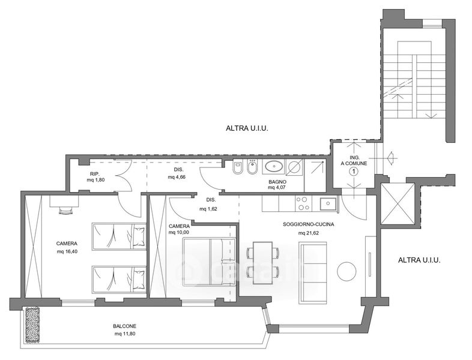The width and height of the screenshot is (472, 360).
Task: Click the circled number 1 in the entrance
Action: coord(354,172)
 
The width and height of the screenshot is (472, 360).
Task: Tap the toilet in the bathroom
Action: coord(238,167)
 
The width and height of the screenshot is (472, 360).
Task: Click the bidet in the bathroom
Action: coord(252,167)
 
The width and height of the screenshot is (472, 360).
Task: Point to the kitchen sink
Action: coord(328,204)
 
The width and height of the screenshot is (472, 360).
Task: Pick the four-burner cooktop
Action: coord(303,203)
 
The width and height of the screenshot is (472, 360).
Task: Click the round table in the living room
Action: coord(346,271)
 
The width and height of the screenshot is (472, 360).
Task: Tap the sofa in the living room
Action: coord(313,272)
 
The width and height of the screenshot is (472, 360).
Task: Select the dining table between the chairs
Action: coord(263,263)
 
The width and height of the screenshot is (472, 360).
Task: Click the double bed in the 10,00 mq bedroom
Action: coord(209,262)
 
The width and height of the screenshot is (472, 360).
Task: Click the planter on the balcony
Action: coord(33,325)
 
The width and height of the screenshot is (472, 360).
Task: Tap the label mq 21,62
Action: coord(309,233)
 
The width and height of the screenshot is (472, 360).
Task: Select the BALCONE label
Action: coord(125,326)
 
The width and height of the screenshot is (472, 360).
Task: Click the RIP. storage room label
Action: coord(95,173)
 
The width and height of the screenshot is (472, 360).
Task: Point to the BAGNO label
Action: coord(277,182)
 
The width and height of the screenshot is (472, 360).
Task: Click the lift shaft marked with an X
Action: coord(398,203)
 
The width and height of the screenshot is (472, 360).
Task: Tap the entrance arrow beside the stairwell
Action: coord(392,158)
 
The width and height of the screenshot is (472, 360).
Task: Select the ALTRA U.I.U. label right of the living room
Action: coord(419,260)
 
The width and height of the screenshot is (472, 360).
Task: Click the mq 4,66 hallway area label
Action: coord(177,177)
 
